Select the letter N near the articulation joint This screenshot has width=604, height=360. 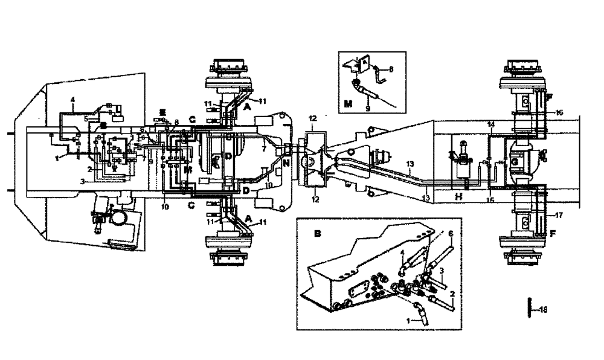(x=286, y=162)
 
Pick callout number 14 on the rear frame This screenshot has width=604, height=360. (x=492, y=123)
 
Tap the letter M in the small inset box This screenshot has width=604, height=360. (x=348, y=103)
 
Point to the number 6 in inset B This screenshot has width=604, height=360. (x=450, y=234)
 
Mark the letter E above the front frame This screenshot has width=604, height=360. (x=162, y=112)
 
